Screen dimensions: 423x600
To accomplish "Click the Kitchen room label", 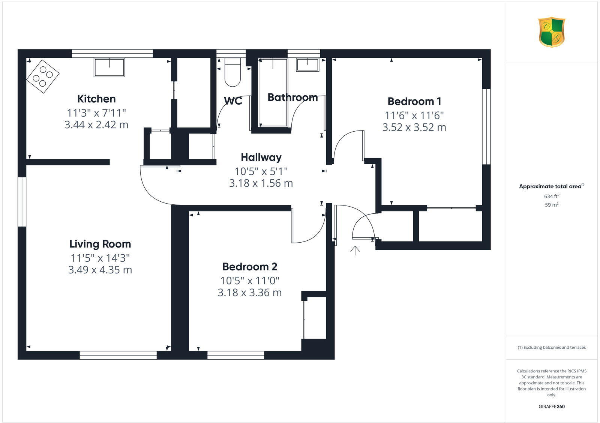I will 96,99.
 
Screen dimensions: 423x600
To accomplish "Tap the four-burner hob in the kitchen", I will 42,76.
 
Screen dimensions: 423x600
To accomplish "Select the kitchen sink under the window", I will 109,67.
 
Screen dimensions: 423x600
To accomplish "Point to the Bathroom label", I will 292,97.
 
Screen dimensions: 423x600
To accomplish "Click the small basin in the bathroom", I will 307,65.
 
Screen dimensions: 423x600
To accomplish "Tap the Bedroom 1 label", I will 414,101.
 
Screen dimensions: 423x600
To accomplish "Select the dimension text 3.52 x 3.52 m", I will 414,127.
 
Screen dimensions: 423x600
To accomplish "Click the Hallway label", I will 261,157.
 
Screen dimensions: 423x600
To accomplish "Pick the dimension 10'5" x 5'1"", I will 261,171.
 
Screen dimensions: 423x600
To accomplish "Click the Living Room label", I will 100,244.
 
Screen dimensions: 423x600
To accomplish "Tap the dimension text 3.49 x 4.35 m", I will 100,270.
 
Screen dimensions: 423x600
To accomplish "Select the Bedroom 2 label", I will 250,267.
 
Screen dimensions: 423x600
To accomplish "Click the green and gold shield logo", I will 552,32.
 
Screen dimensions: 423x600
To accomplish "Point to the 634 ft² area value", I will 552,196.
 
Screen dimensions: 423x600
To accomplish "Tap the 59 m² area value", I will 552,205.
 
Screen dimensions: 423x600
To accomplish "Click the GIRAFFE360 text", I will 552,406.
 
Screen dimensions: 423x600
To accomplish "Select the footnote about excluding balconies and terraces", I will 552,348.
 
